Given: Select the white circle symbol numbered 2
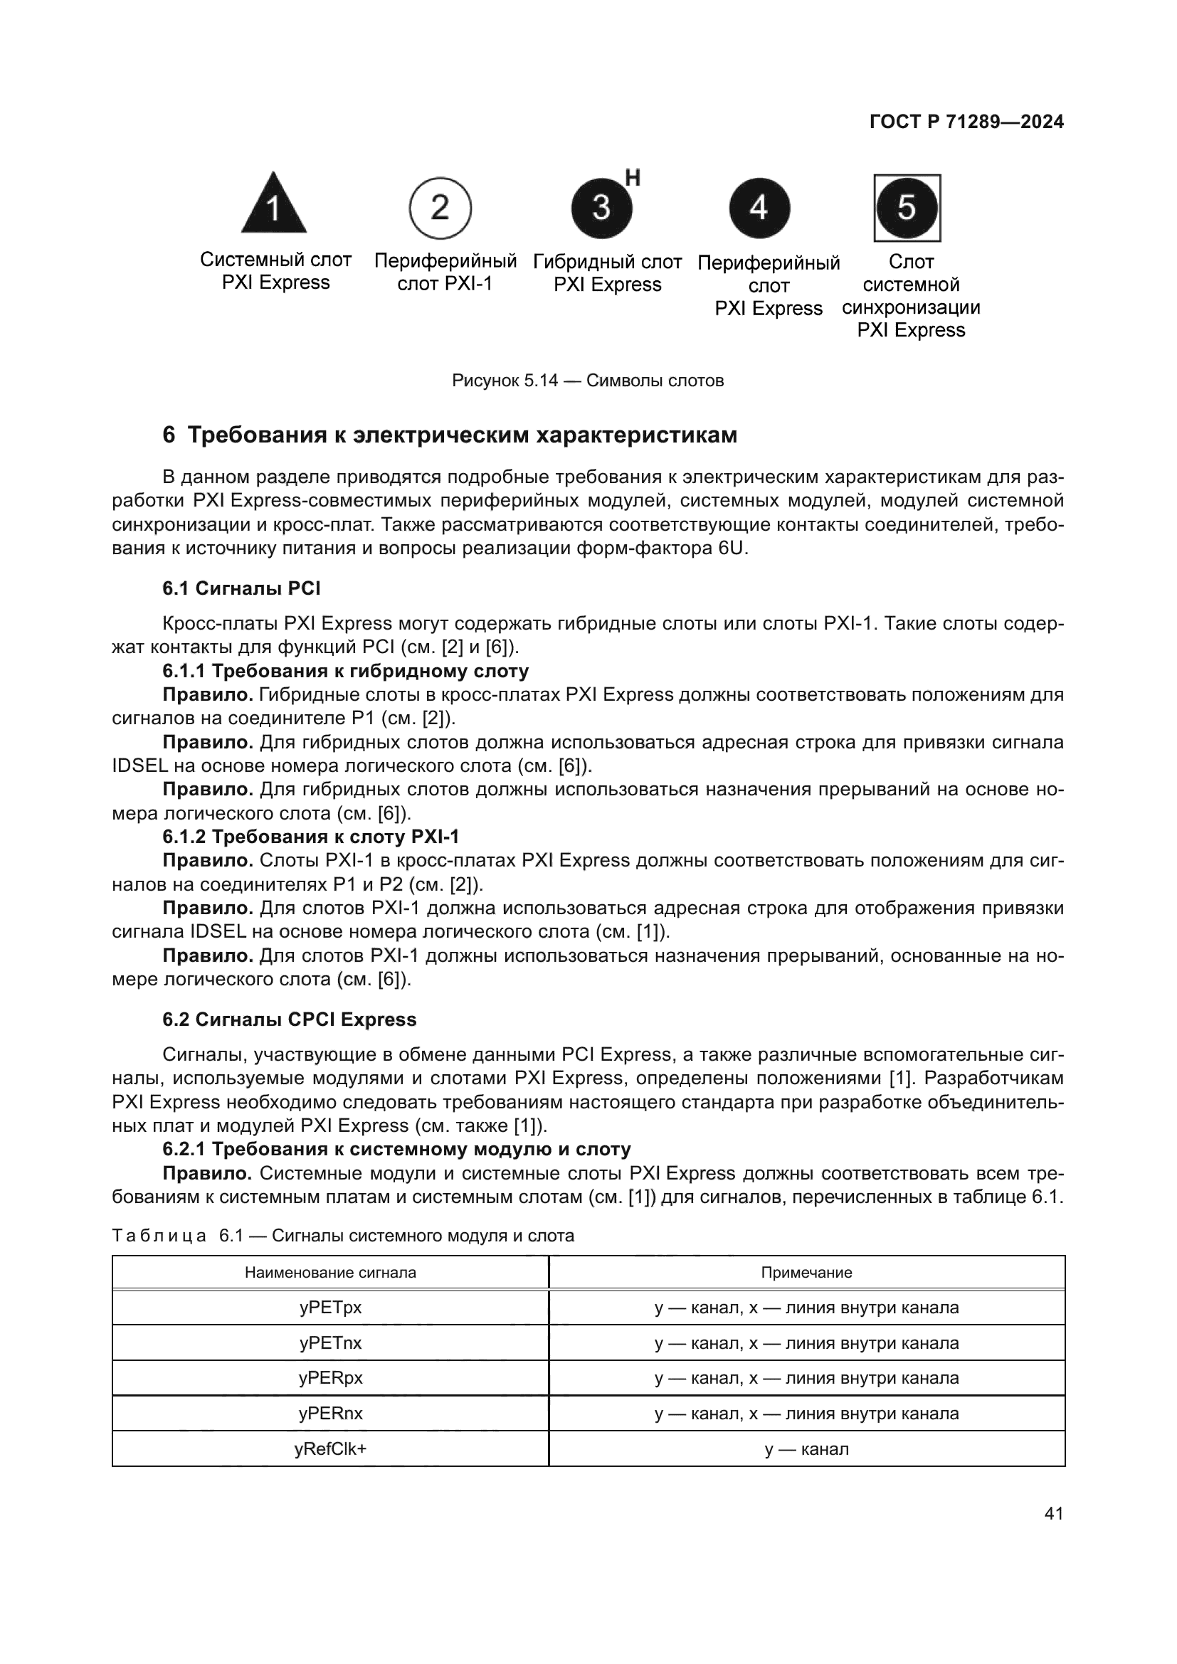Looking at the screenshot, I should (440, 208).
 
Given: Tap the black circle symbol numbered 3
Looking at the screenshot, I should (601, 208).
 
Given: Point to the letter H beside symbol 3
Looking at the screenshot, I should (633, 178).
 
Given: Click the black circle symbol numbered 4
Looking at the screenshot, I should (759, 208).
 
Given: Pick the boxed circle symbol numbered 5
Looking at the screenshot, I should (907, 208).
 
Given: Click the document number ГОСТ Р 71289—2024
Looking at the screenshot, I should (966, 122).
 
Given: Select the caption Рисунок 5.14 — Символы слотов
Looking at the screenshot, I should (588, 381).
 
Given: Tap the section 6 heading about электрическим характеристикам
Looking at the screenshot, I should (449, 435).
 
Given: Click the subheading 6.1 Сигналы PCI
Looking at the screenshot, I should (241, 588).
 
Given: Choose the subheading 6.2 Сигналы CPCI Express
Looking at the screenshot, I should (289, 1019).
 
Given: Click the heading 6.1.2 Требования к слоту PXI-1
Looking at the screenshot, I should (311, 837).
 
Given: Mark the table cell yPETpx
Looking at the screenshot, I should (330, 1308).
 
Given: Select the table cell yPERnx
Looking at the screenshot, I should (330, 1414).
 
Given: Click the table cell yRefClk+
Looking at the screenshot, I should (330, 1448).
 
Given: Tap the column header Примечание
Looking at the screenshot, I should (806, 1273).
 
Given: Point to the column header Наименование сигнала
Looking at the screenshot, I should (330, 1273).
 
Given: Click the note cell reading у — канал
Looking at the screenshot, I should (806, 1448).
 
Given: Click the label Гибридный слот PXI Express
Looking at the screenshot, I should (607, 272).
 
